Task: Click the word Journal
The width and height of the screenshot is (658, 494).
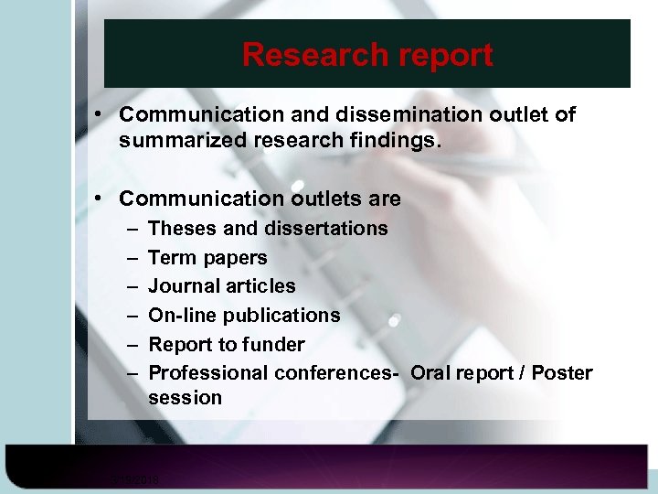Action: coord(183,286)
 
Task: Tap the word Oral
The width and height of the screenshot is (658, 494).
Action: coord(431,373)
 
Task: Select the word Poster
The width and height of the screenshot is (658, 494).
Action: coord(561,373)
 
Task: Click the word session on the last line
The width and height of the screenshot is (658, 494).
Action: coord(185,398)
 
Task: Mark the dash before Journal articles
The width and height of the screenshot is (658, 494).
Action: coord(131,286)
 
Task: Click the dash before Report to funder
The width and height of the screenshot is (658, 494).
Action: coord(131,345)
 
